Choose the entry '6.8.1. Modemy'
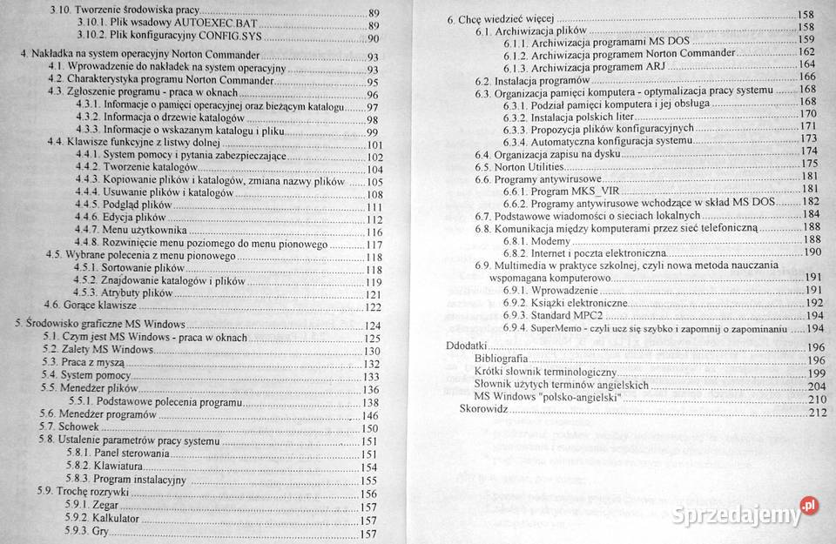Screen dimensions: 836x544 [535, 239]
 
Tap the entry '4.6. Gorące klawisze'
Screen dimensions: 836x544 [91, 306]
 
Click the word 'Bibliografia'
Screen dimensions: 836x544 [501, 359]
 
